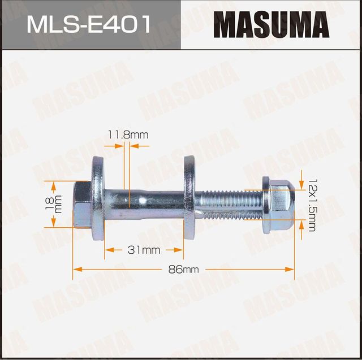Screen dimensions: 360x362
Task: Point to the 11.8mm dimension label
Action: click(x=127, y=135)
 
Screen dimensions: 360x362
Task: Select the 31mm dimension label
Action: click(x=144, y=250)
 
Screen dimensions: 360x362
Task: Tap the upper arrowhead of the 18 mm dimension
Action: click(x=54, y=185)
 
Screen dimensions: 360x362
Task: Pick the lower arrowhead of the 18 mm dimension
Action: click(x=54, y=222)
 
